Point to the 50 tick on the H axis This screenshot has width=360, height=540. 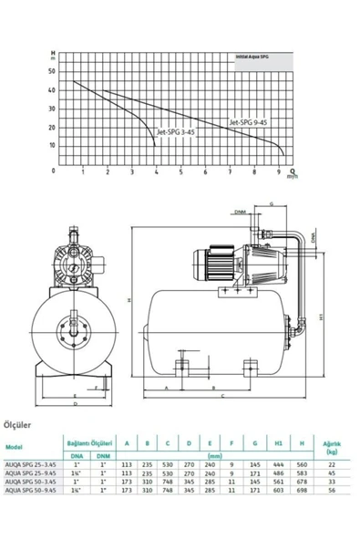52,71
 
